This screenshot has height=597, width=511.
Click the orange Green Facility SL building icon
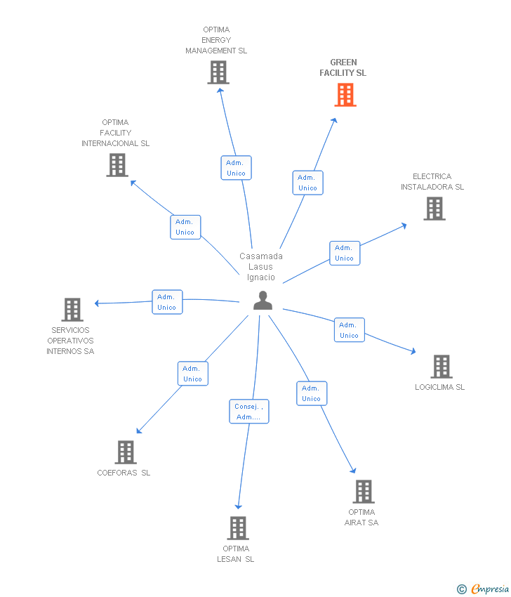[345, 95]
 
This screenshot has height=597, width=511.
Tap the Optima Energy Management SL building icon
[218, 72]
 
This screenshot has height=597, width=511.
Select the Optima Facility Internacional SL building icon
[117, 165]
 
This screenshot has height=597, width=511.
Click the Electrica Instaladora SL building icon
[434, 209]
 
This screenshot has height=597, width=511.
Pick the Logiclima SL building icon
[441, 367]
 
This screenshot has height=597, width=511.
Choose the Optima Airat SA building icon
[364, 492]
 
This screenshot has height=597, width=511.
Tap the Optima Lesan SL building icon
[238, 528]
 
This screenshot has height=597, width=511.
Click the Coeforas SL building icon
[126, 452]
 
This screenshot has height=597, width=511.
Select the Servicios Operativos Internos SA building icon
[72, 310]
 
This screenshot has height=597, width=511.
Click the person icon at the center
[263, 301]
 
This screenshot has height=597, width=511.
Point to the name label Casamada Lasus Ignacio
[261, 267]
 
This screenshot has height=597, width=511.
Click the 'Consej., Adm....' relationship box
[249, 412]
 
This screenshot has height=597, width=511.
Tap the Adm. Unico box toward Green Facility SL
[307, 183]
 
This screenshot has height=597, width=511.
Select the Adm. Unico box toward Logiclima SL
[349, 330]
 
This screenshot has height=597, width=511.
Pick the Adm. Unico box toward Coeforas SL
[192, 374]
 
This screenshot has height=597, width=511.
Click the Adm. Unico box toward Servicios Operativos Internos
[167, 302]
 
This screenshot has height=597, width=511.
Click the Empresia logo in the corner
[490, 589]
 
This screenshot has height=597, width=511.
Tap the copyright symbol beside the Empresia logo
[462, 589]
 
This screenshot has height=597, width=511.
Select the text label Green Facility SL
[343, 67]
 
